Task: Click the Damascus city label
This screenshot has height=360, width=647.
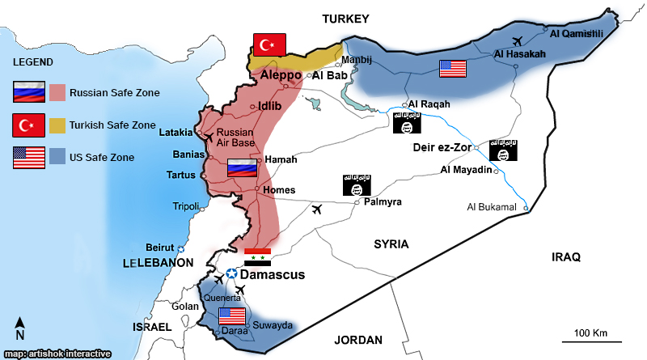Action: [273, 275]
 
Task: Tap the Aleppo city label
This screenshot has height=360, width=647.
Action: [281, 74]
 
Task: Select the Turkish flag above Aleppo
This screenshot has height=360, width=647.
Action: [270, 44]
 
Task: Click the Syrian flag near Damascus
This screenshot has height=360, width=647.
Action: [257, 257]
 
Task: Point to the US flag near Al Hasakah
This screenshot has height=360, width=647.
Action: [452, 69]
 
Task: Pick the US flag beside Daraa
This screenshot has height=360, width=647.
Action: [231, 316]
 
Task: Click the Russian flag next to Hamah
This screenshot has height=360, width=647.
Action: [242, 167]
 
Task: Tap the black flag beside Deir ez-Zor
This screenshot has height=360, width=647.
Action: [503, 150]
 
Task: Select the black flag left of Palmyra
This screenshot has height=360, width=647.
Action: [357, 185]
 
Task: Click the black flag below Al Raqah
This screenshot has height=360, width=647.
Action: [406, 123]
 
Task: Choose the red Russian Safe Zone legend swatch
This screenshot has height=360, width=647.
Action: [57, 92]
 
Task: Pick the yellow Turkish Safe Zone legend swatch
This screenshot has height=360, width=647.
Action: [57, 125]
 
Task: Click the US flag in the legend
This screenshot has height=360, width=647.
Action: [28, 158]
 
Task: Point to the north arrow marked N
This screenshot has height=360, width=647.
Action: [19, 328]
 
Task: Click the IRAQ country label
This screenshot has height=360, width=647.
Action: [566, 257]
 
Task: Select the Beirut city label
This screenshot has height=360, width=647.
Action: [160, 247]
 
